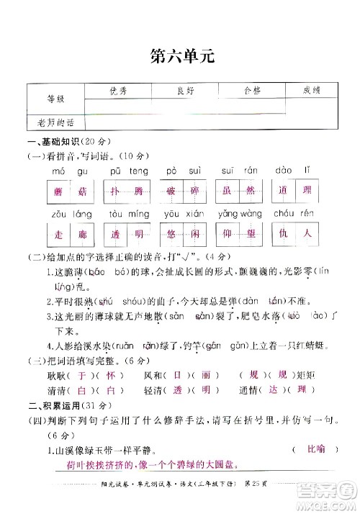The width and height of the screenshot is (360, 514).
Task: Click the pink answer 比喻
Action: point(314,451)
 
